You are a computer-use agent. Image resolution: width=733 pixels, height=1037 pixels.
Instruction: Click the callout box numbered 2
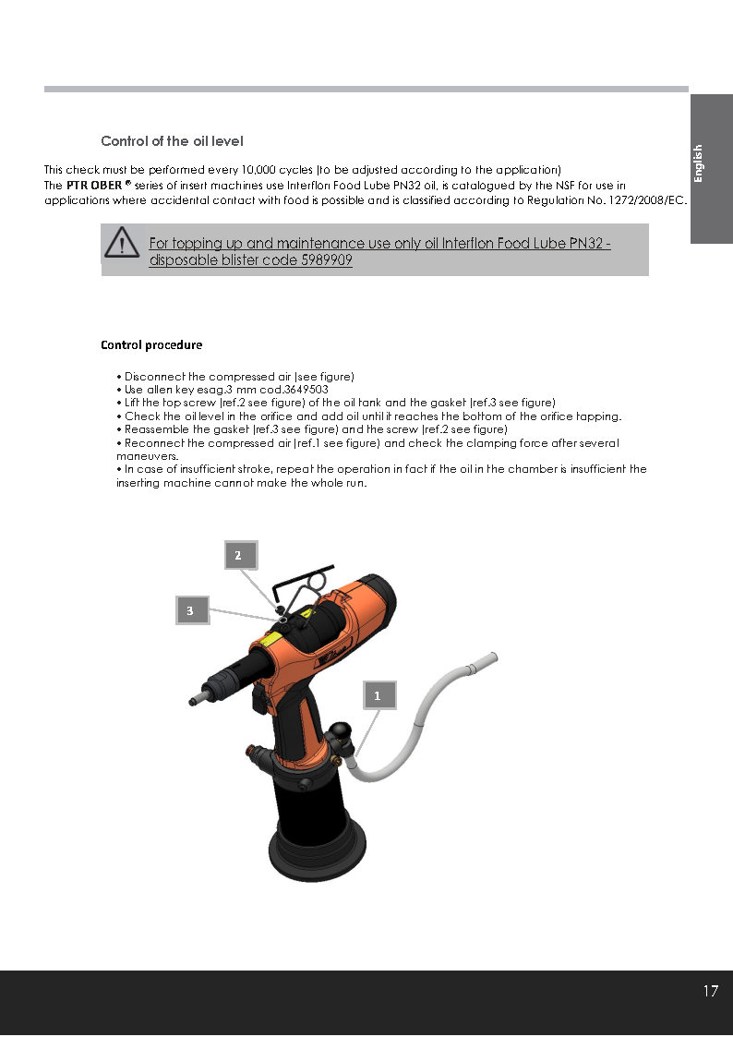(x=238, y=555)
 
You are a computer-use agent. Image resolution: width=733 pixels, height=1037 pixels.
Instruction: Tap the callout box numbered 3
(x=190, y=610)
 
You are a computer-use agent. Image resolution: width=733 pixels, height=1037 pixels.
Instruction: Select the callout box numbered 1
(x=377, y=695)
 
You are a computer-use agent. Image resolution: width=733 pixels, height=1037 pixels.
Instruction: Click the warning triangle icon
(x=122, y=244)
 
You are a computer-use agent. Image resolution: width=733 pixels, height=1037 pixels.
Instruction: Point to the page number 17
(x=710, y=992)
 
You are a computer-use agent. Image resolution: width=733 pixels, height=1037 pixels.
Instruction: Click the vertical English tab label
(x=699, y=163)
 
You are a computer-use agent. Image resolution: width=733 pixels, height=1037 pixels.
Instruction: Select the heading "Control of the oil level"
(x=172, y=141)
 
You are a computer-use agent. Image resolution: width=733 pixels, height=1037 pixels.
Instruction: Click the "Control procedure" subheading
(x=151, y=345)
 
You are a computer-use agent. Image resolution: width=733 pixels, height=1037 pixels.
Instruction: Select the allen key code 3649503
(x=306, y=390)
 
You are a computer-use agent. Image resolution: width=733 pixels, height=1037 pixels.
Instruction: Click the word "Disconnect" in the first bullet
(x=154, y=377)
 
